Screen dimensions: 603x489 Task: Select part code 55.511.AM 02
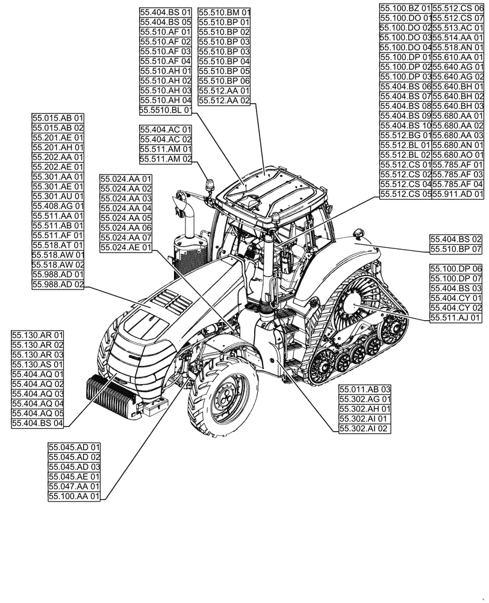(x=166, y=159)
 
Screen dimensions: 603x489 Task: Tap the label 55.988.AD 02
(x=58, y=284)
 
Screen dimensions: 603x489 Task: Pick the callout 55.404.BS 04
(x=37, y=423)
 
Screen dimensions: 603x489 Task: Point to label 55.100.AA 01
(x=74, y=496)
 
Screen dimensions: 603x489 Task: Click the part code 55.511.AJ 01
(x=456, y=317)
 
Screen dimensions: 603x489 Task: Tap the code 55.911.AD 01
(x=458, y=194)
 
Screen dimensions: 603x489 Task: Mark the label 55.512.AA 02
(x=224, y=101)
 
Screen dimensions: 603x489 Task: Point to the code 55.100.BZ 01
(x=405, y=8)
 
